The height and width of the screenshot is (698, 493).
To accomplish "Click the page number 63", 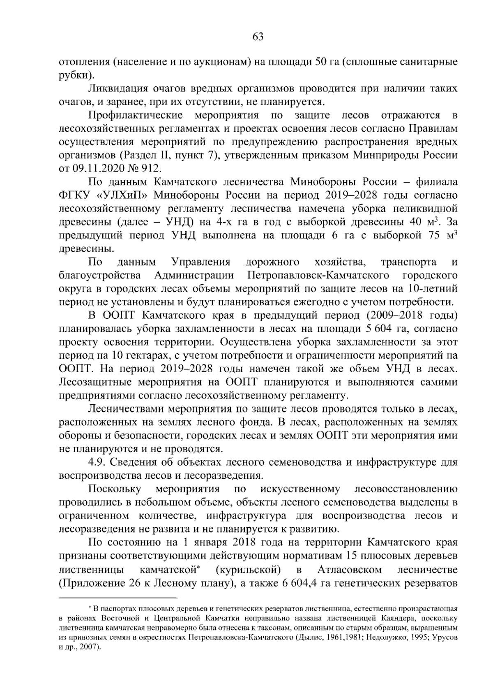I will (x=258, y=37).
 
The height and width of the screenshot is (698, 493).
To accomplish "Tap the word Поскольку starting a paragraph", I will (x=115, y=489).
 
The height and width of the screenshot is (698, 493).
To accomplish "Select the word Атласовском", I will (x=349, y=570).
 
